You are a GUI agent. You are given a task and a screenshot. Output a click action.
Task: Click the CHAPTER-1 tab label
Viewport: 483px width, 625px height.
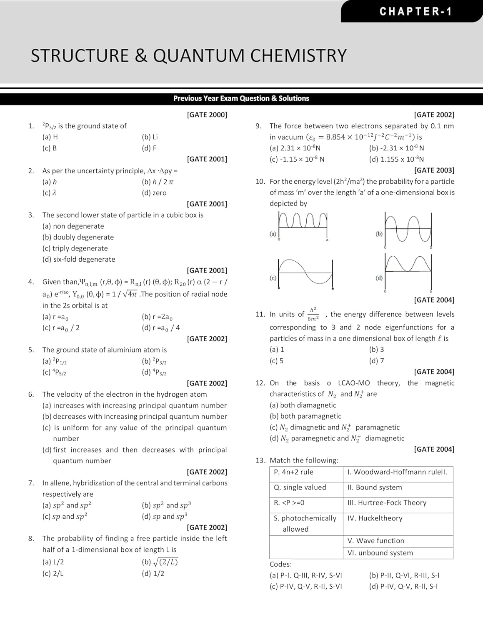pyautogui.click(x=415, y=11)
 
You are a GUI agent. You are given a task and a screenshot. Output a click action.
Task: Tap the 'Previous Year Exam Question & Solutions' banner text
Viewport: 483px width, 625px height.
pyautogui.click(x=241, y=98)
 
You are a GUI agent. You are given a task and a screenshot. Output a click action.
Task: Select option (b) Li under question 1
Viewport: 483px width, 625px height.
pyautogui.click(x=150, y=137)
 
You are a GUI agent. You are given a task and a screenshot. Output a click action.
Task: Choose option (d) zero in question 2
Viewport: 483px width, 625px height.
pyautogui.click(x=154, y=193)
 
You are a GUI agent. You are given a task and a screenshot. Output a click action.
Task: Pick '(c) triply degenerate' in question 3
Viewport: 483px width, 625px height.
pyautogui.click(x=75, y=248)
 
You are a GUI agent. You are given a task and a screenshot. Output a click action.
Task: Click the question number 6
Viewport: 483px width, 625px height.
pyautogui.click(x=31, y=394)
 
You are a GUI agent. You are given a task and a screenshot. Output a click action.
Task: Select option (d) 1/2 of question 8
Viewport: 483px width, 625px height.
pyautogui.click(x=153, y=573)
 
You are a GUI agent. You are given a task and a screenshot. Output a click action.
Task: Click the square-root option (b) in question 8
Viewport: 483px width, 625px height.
pyautogui.click(x=160, y=562)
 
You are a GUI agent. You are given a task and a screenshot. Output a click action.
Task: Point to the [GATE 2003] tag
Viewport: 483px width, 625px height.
pyautogui.click(x=434, y=170)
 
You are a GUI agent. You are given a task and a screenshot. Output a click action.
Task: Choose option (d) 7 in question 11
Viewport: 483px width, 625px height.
pyautogui.click(x=376, y=361)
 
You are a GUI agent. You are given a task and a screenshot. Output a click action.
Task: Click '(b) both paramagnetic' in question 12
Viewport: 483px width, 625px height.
pyautogui.click(x=305, y=416)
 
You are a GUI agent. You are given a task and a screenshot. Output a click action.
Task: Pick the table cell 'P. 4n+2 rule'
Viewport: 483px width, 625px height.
pyautogui.click(x=293, y=472)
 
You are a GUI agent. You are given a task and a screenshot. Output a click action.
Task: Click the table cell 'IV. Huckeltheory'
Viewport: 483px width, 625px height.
pyautogui.click(x=375, y=518)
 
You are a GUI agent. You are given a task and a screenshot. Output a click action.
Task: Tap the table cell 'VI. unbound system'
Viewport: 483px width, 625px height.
pyautogui.click(x=380, y=553)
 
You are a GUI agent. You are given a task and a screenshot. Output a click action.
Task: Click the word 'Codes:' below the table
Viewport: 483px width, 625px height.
pyautogui.click(x=281, y=564)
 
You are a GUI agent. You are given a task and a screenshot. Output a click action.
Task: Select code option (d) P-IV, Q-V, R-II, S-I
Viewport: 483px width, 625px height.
pyautogui.click(x=403, y=586)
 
